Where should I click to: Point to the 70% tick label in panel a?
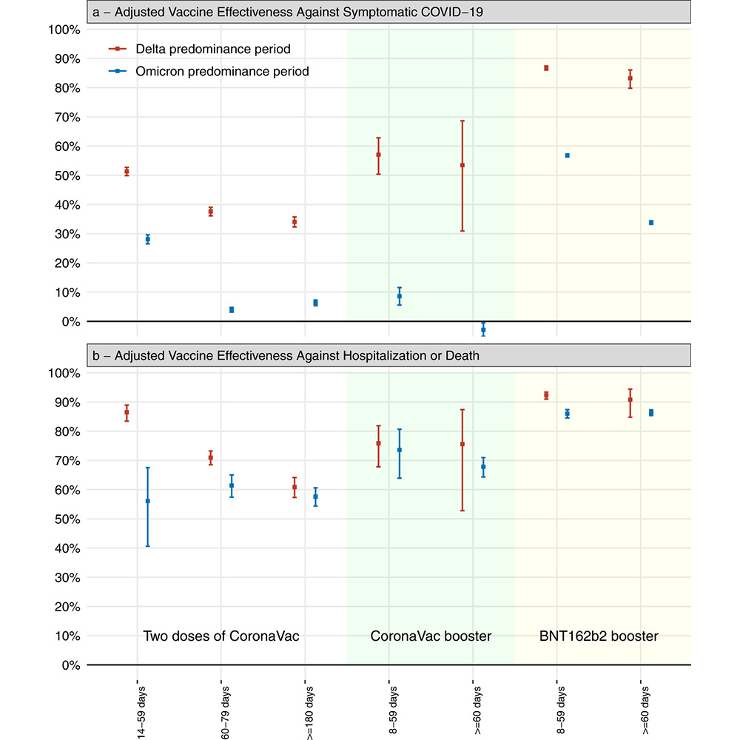click(63, 117)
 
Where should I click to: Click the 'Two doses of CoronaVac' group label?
click(221, 636)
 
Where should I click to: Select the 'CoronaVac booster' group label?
click(431, 636)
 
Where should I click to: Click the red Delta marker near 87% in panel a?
click(546, 68)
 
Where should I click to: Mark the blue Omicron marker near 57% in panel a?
click(568, 155)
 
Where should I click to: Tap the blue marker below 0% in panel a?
click(483, 330)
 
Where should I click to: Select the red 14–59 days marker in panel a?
click(127, 172)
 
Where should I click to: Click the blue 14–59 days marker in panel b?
click(147, 501)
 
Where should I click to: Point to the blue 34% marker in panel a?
click(651, 223)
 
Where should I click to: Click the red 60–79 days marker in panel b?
click(211, 458)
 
